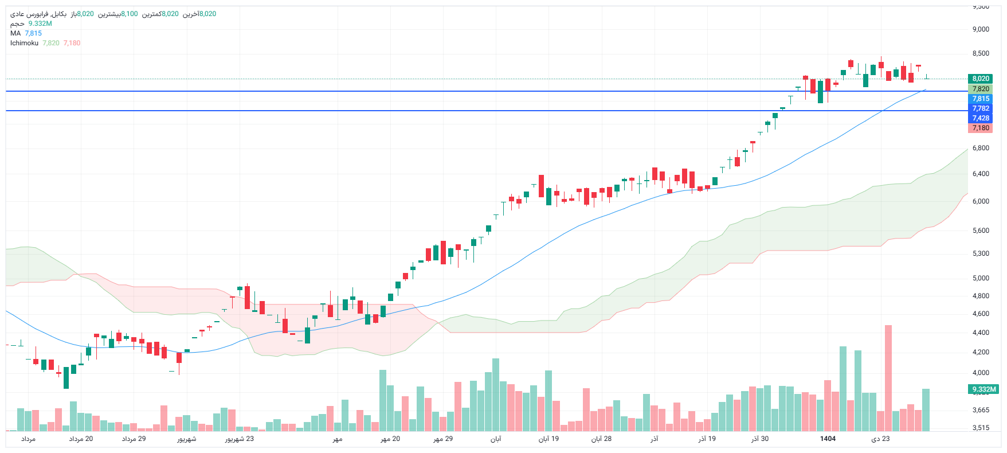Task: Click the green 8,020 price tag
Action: click(x=980, y=79)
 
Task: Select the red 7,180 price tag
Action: click(x=980, y=128)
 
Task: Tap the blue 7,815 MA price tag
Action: click(x=980, y=99)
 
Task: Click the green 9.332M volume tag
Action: click(x=984, y=389)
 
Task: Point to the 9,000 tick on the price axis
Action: click(x=981, y=29)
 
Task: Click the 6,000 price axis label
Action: click(x=981, y=201)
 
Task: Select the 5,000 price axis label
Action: click(x=981, y=278)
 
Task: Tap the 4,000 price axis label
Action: click(x=981, y=373)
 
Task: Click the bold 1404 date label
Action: click(x=828, y=439)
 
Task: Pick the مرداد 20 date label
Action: click(x=81, y=439)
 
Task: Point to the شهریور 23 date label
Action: click(x=239, y=439)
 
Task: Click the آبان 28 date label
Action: click(x=601, y=439)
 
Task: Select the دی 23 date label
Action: click(x=880, y=439)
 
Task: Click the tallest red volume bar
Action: click(x=888, y=378)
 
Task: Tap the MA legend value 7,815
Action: click(x=33, y=33)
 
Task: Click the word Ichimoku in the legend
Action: click(x=24, y=43)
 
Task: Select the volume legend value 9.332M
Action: click(x=40, y=24)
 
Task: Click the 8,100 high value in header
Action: click(x=129, y=14)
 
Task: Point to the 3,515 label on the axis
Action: click(x=981, y=427)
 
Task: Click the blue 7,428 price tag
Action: click(x=980, y=118)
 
